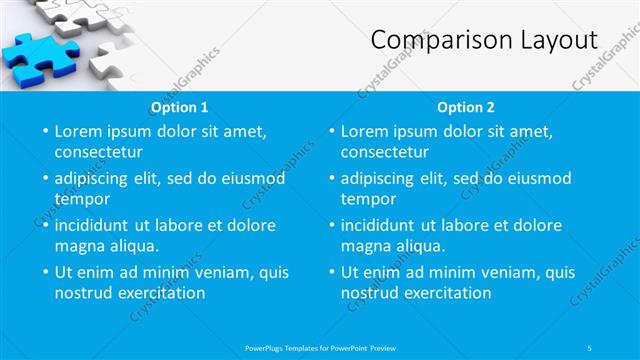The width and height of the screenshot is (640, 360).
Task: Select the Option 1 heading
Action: (x=180, y=107)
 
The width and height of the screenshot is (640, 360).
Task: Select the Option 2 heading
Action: (x=466, y=107)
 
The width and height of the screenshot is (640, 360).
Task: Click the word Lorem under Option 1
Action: (x=80, y=131)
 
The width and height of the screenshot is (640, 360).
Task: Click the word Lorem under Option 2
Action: (x=366, y=131)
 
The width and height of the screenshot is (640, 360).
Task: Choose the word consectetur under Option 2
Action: (x=384, y=152)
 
